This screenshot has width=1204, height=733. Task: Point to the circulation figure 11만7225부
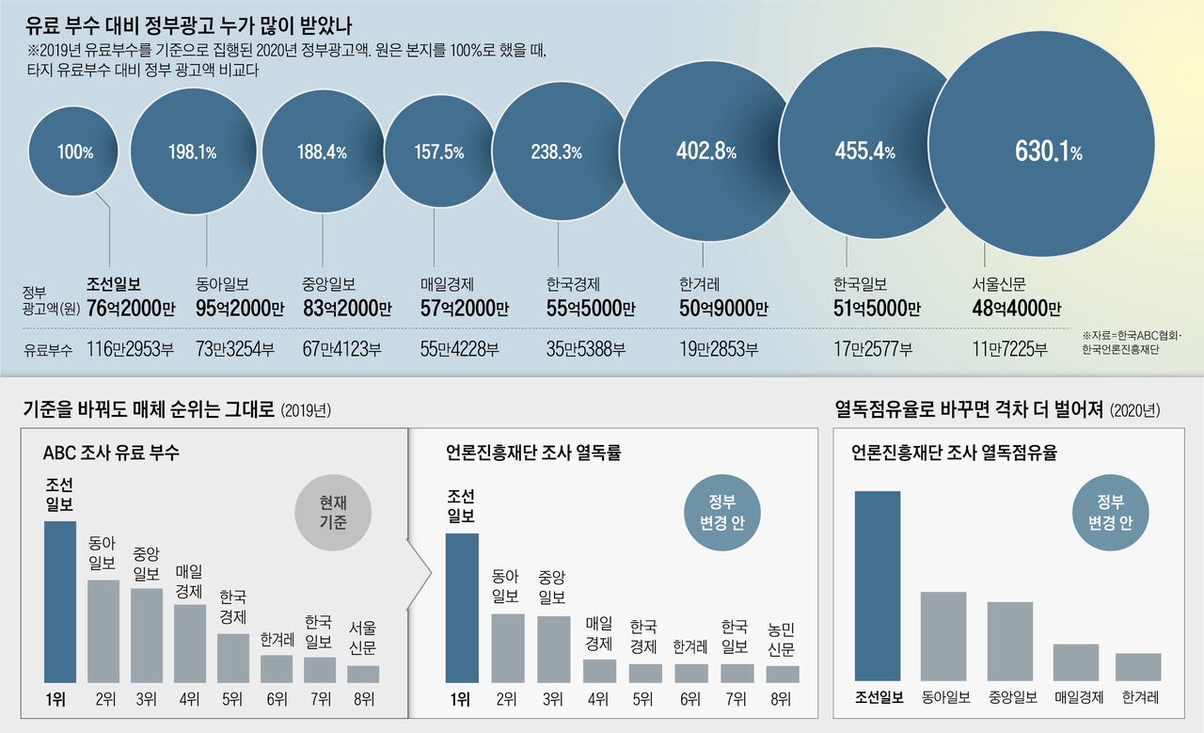[x=1009, y=349]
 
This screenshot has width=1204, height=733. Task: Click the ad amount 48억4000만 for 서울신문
[x=1017, y=308]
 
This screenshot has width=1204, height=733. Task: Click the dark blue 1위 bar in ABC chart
[x=60, y=601]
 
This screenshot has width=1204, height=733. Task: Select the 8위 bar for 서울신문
[x=363, y=674]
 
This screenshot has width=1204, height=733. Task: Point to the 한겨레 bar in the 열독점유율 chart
[x=1138, y=666]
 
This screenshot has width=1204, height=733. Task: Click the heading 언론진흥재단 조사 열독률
[x=533, y=454]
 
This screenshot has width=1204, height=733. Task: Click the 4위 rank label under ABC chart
[x=190, y=698]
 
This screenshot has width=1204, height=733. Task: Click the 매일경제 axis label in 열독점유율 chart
[x=1076, y=698]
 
